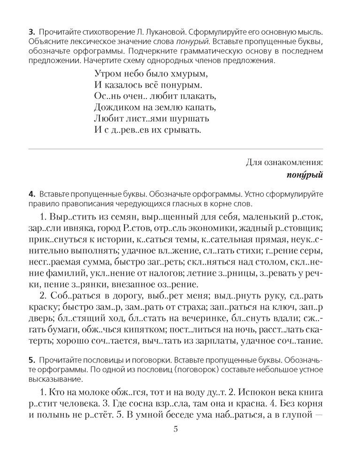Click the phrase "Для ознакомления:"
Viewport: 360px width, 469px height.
tap(285, 162)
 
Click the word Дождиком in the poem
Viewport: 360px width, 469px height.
tap(115, 107)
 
